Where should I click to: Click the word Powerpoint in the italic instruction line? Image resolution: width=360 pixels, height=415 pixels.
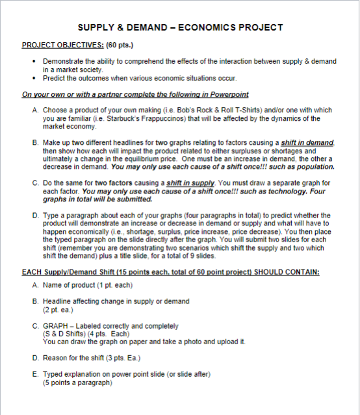tap(229, 95)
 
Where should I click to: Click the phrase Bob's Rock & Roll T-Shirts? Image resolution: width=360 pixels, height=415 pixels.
tap(198, 110)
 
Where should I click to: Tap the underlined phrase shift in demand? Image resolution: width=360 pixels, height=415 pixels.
tap(307, 142)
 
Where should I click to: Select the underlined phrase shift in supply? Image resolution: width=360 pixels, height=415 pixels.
tap(190, 182)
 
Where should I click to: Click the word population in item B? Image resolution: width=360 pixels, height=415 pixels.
tap(297, 166)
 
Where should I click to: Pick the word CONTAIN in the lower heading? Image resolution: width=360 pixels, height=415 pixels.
tap(299, 272)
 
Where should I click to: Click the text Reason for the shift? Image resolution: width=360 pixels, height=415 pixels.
tap(72, 358)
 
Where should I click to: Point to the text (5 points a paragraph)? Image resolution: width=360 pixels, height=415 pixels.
tap(77, 383)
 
